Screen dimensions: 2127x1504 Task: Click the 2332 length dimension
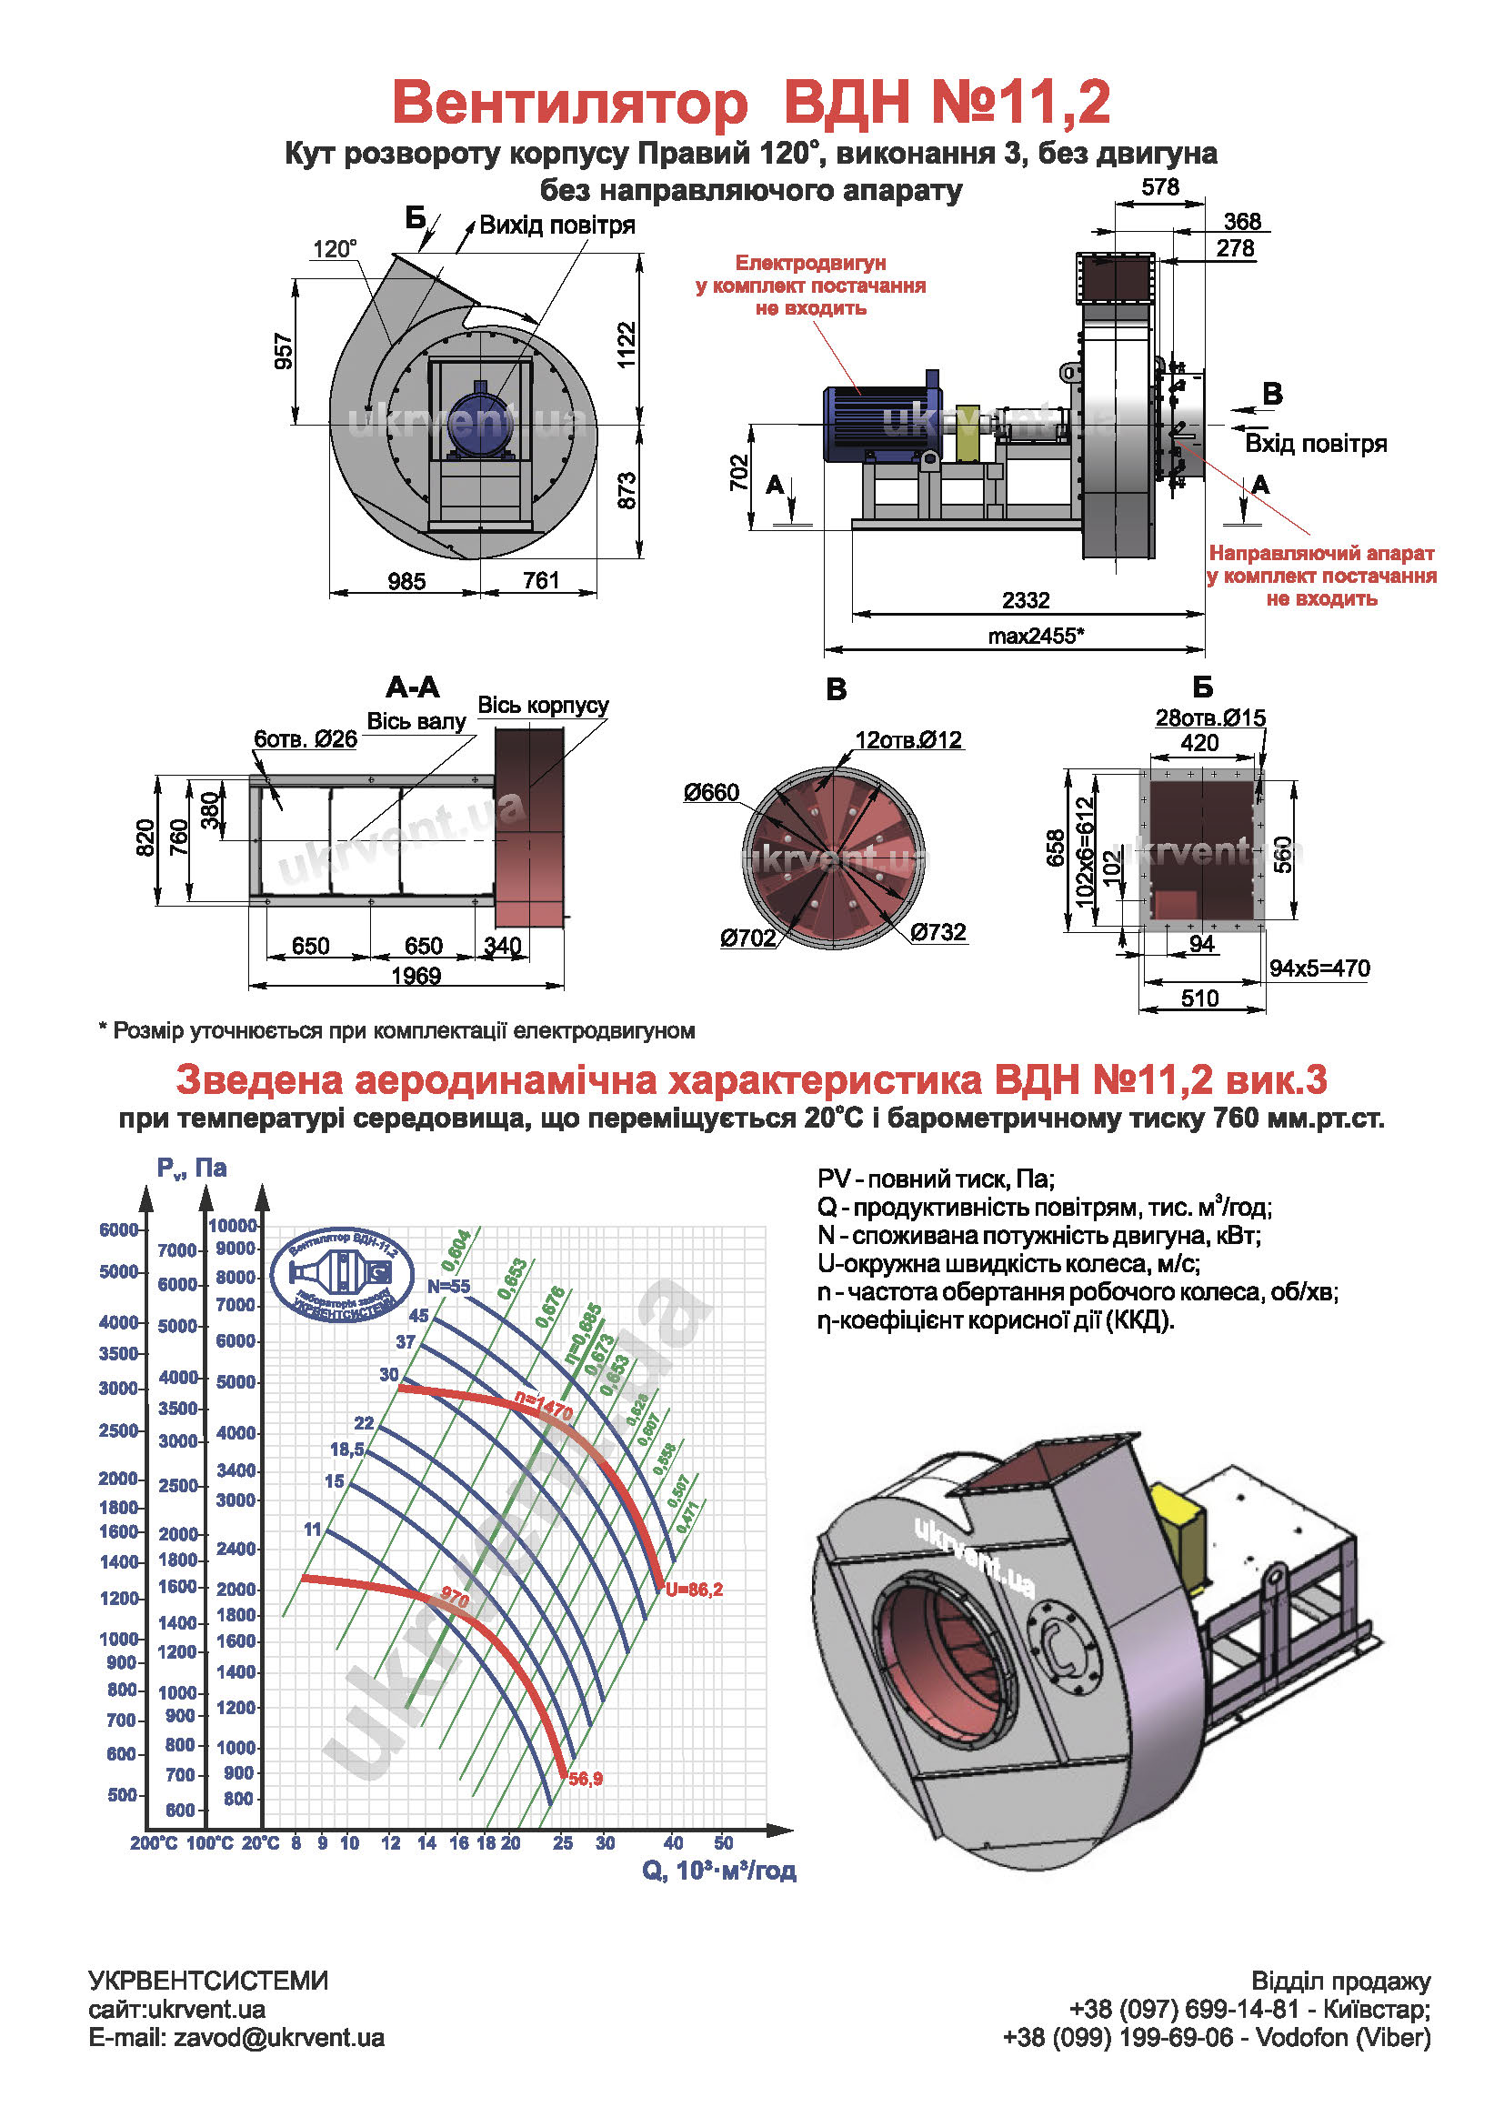pos(1025,600)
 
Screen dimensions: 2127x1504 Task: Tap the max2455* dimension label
pos(1036,636)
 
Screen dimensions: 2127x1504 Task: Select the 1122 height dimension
pos(627,345)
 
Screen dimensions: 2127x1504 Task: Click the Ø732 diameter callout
pos(937,932)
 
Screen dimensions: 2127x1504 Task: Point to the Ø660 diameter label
pos(711,792)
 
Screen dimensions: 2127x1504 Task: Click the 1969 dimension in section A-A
pos(416,975)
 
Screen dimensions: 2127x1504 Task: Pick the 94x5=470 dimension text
pos(1319,968)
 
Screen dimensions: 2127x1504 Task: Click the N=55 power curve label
pos(448,1286)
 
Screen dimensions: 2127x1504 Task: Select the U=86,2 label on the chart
pos(694,1590)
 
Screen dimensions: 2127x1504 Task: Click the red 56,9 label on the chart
pos(586,1779)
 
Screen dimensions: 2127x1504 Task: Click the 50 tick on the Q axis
pos(723,1843)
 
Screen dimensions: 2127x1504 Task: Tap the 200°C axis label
pos(154,1843)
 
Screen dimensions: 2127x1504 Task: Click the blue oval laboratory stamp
pos(343,1275)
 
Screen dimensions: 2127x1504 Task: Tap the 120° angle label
pos(335,248)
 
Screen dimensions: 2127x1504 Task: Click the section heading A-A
pos(413,687)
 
